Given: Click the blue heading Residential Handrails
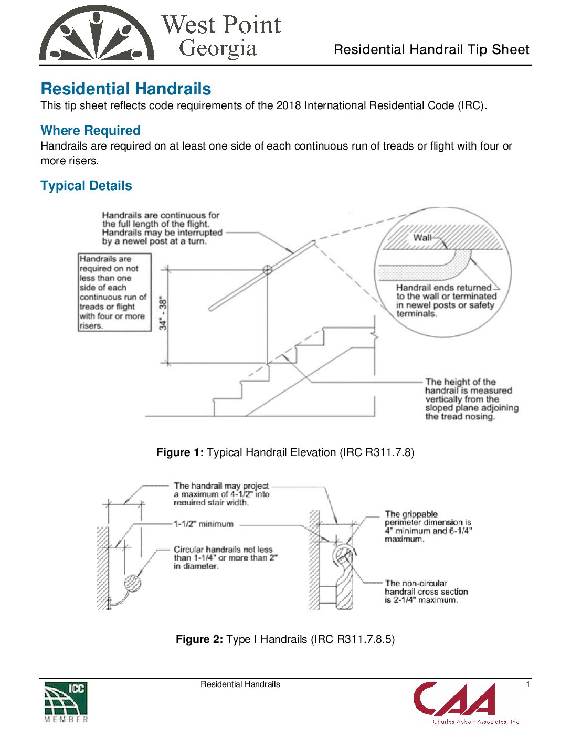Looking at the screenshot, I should point(126,89).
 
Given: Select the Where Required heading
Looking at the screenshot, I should point(90,130).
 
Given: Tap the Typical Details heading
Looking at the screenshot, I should point(86,186).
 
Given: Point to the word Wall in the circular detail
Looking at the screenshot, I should point(422,238).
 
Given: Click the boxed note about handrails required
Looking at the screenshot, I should point(114,292).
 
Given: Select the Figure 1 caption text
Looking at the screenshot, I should point(285,452).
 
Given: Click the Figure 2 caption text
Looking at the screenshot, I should point(285,639).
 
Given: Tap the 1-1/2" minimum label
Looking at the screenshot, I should point(204,524).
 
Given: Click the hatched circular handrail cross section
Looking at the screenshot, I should point(133,583).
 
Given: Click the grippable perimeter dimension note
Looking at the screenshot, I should point(428,526).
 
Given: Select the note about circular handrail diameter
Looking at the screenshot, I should point(225,557).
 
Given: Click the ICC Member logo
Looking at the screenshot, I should point(66,702).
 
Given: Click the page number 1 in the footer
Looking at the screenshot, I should point(528,684).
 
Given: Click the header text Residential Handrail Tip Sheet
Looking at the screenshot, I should point(431,50).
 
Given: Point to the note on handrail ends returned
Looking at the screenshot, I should point(446,301).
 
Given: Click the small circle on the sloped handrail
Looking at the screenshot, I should point(267,270).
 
